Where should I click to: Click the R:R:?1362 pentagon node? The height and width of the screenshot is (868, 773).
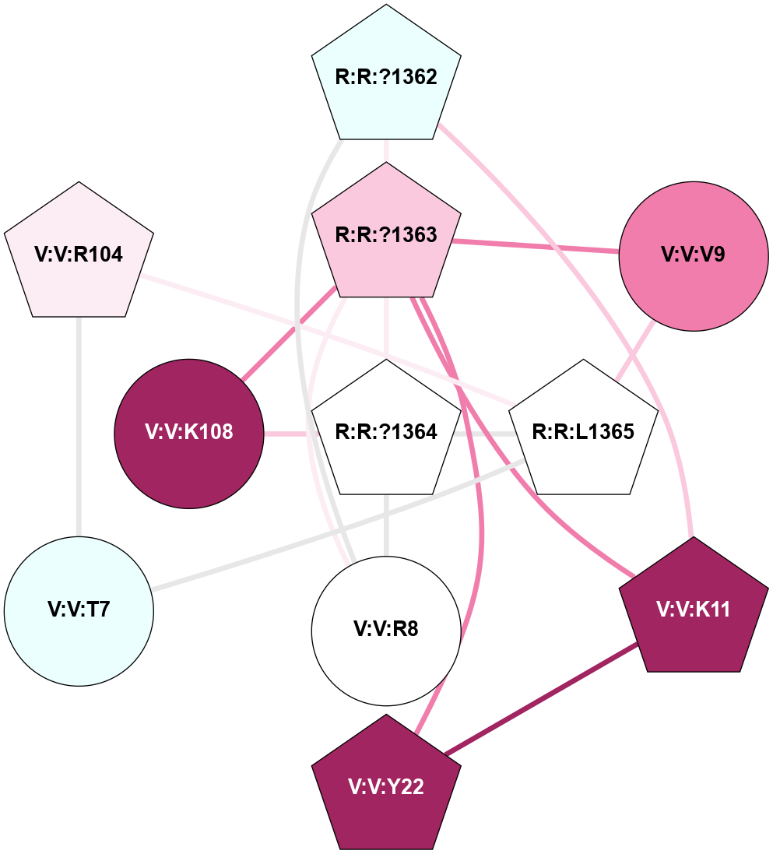(x=386, y=78)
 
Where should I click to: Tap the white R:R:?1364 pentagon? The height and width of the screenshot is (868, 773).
(x=386, y=431)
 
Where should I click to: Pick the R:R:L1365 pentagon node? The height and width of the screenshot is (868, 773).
(x=583, y=431)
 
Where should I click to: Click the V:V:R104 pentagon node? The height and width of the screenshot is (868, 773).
(x=79, y=255)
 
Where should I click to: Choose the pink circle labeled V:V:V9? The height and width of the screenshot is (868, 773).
(x=693, y=255)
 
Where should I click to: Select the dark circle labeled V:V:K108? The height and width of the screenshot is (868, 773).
(x=189, y=433)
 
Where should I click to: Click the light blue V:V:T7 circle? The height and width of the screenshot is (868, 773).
(x=79, y=610)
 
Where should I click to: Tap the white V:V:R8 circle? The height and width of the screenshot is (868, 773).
(x=386, y=629)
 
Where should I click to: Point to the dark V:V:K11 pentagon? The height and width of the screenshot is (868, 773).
(x=693, y=610)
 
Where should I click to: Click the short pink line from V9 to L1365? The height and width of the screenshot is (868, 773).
(x=634, y=354)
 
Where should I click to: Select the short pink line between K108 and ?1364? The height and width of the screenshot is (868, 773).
(x=286, y=434)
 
